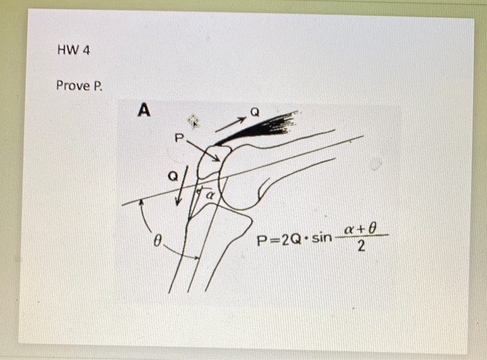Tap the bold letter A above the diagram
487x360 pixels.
tap(144, 109)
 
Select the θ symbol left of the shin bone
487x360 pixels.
tap(158, 241)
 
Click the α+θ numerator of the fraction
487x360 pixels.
tap(360, 228)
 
